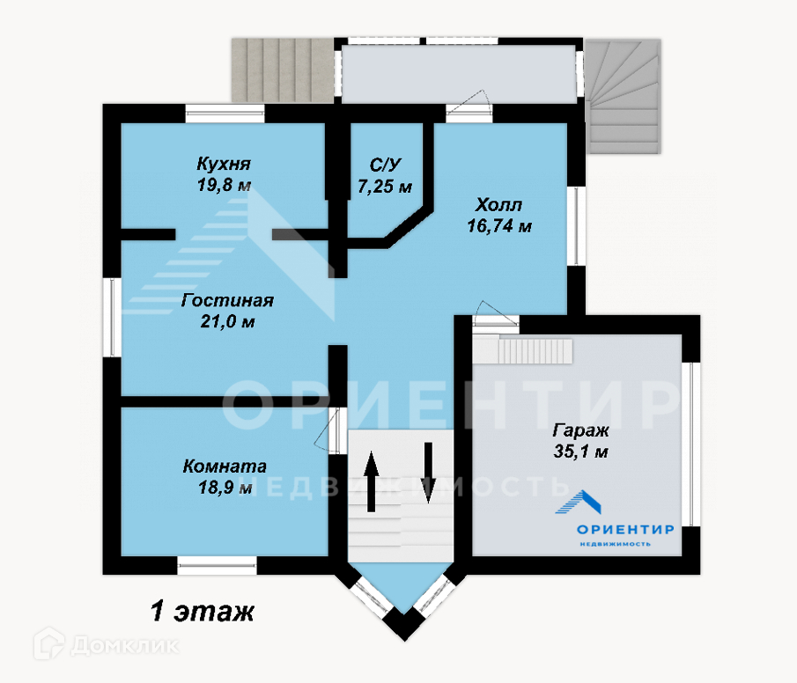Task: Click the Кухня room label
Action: point(224,165)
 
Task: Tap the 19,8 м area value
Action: point(224,185)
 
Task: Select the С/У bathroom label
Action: point(385,165)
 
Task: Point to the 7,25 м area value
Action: point(385,186)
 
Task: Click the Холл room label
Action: point(498,205)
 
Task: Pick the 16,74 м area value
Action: point(498,226)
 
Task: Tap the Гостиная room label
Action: point(227,301)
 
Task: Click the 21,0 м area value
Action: point(227,322)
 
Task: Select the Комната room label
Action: point(225,466)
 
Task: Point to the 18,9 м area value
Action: point(225,487)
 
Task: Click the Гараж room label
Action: point(581,431)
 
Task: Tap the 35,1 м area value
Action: point(581,452)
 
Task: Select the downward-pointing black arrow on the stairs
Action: point(429,471)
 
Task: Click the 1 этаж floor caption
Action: point(202,610)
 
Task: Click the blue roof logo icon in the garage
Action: point(582,503)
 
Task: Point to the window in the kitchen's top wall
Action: point(225,113)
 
